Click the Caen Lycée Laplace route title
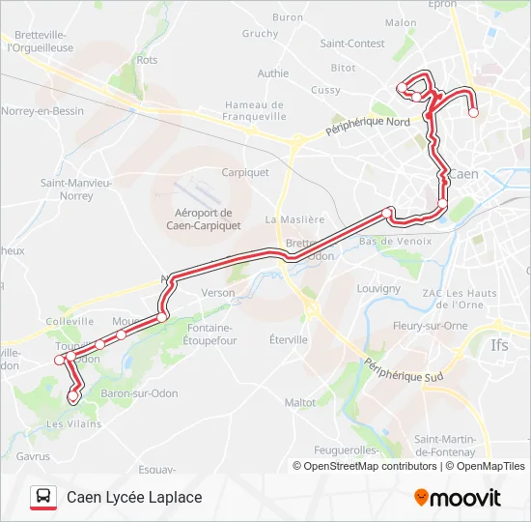(134, 497)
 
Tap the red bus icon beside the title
(43, 497)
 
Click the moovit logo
(458, 498)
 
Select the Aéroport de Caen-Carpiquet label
(199, 219)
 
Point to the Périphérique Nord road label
(368, 130)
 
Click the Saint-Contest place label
(352, 43)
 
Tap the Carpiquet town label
(245, 173)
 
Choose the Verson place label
(218, 293)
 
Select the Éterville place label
(289, 340)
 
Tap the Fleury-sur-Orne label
(431, 326)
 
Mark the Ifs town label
(499, 344)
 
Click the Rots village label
(147, 60)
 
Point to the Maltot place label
(300, 402)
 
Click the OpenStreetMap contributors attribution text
(365, 466)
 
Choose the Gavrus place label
(32, 455)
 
